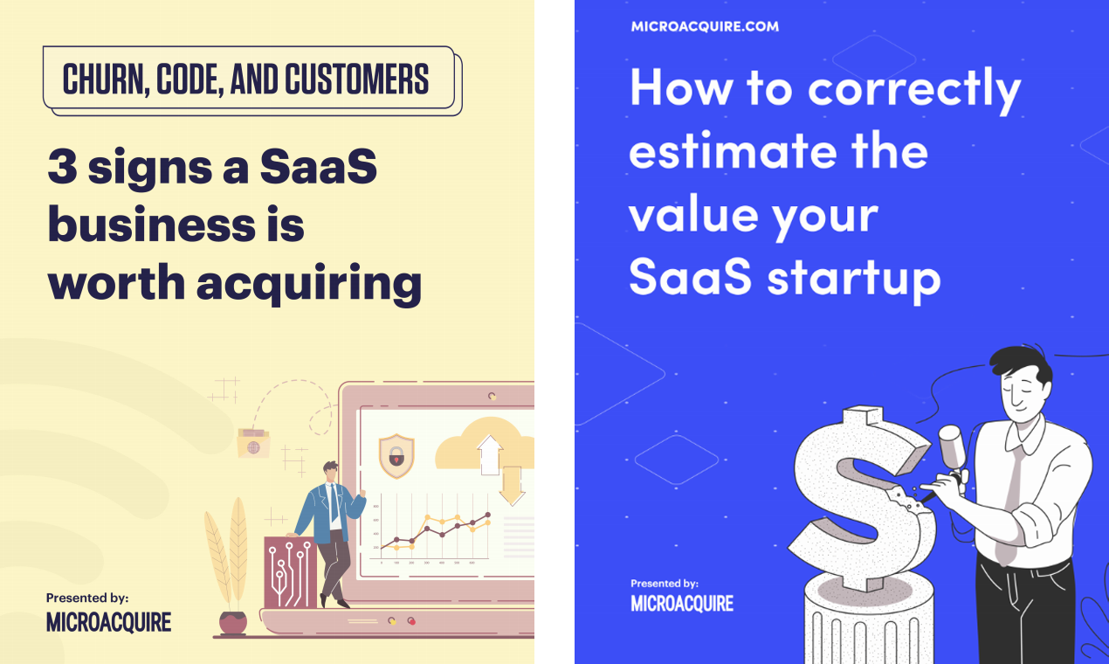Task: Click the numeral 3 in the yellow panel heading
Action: pos(62,168)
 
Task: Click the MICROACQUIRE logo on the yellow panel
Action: pos(108,622)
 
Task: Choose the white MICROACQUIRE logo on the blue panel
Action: pos(682,604)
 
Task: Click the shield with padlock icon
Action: pos(396,455)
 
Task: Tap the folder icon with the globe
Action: pos(253,445)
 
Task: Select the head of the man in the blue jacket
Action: pos(329,472)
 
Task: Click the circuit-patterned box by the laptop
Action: pos(289,571)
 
